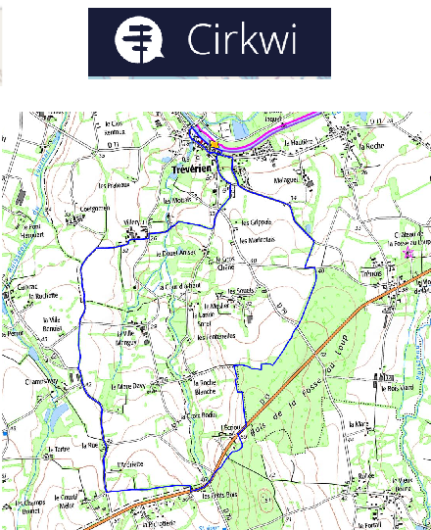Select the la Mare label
356,424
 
